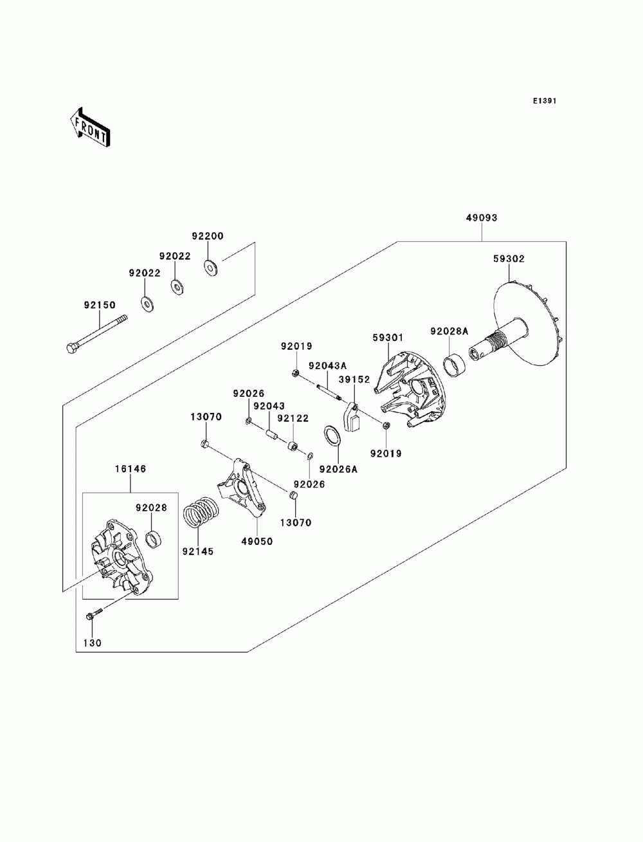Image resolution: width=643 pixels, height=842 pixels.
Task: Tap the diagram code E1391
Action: click(544, 100)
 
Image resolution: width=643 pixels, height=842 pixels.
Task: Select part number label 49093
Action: click(481, 217)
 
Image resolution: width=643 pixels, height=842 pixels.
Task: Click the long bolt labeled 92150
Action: click(96, 334)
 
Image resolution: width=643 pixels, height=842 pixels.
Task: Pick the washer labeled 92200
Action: click(210, 267)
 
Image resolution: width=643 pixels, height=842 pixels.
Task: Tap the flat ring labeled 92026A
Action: click(332, 435)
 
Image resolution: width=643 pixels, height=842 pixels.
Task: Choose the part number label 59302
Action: click(509, 259)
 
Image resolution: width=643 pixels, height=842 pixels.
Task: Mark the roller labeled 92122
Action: click(294, 446)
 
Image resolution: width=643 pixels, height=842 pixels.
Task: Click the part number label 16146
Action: click(131, 469)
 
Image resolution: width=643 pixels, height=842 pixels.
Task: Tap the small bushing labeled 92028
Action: click(154, 538)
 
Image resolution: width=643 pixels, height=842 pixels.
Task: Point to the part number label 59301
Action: click(388, 338)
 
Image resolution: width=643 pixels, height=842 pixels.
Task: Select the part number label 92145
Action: click(198, 552)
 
